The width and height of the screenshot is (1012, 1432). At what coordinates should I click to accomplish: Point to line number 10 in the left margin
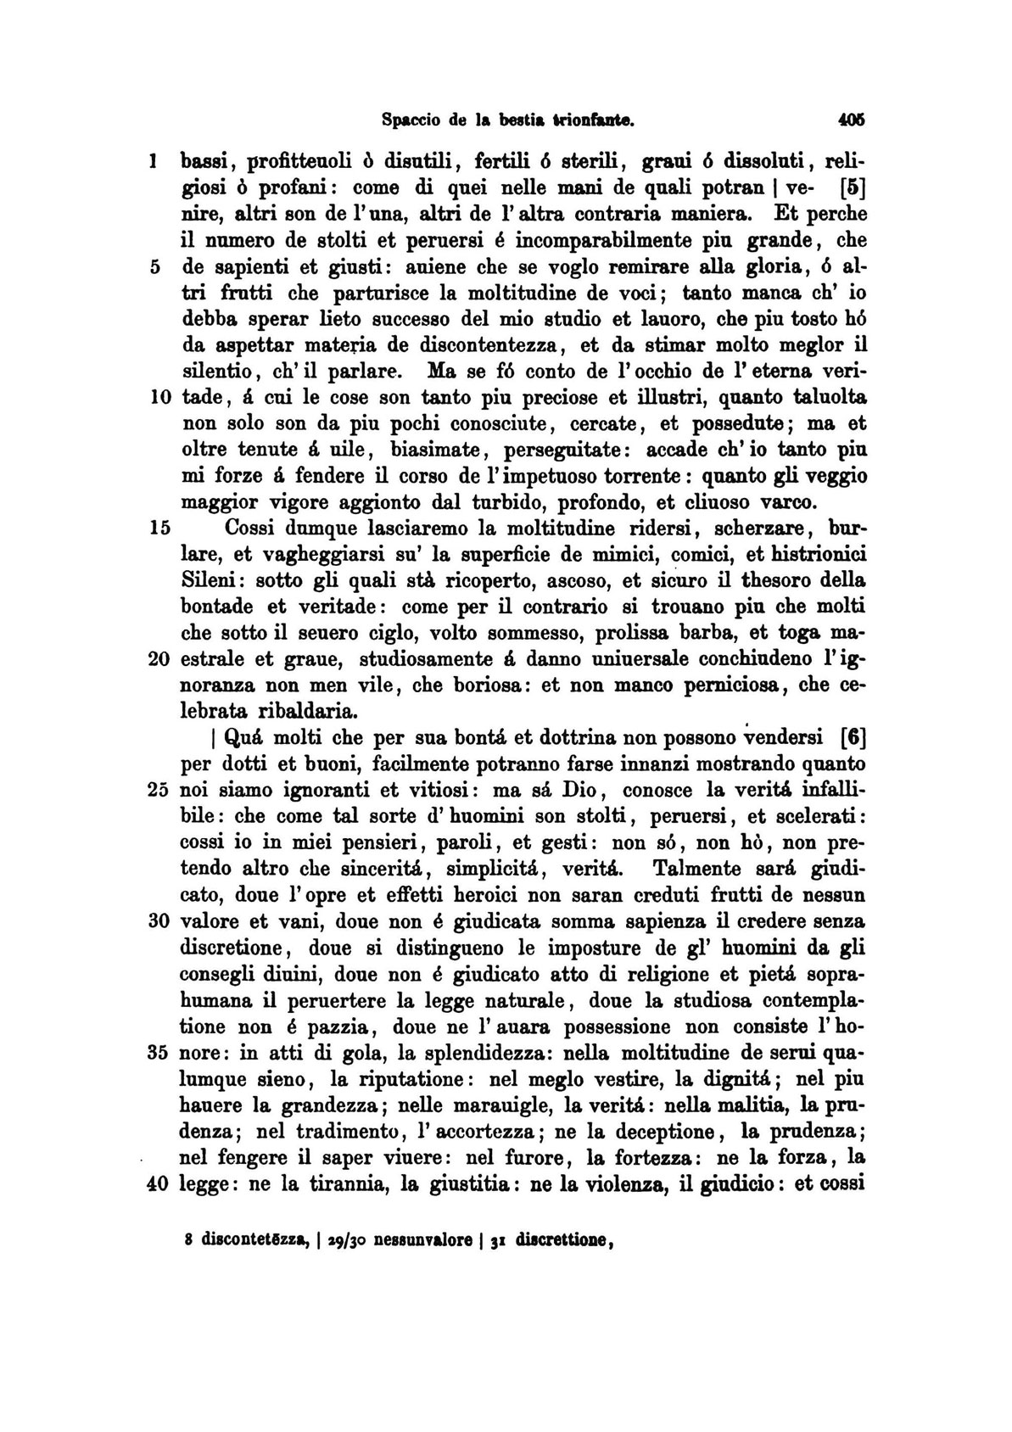point(160,397)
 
